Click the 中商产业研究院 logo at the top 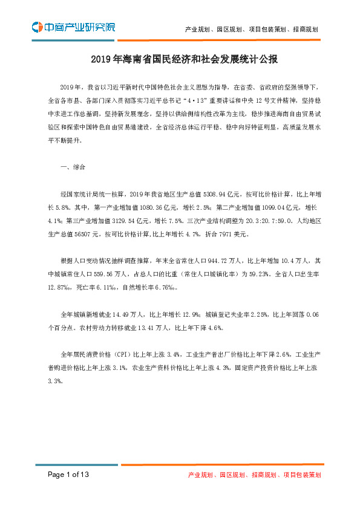(x=73, y=27)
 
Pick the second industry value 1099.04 (x=257, y=206)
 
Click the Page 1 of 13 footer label (x=69, y=475)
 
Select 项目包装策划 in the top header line (x=267, y=28)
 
